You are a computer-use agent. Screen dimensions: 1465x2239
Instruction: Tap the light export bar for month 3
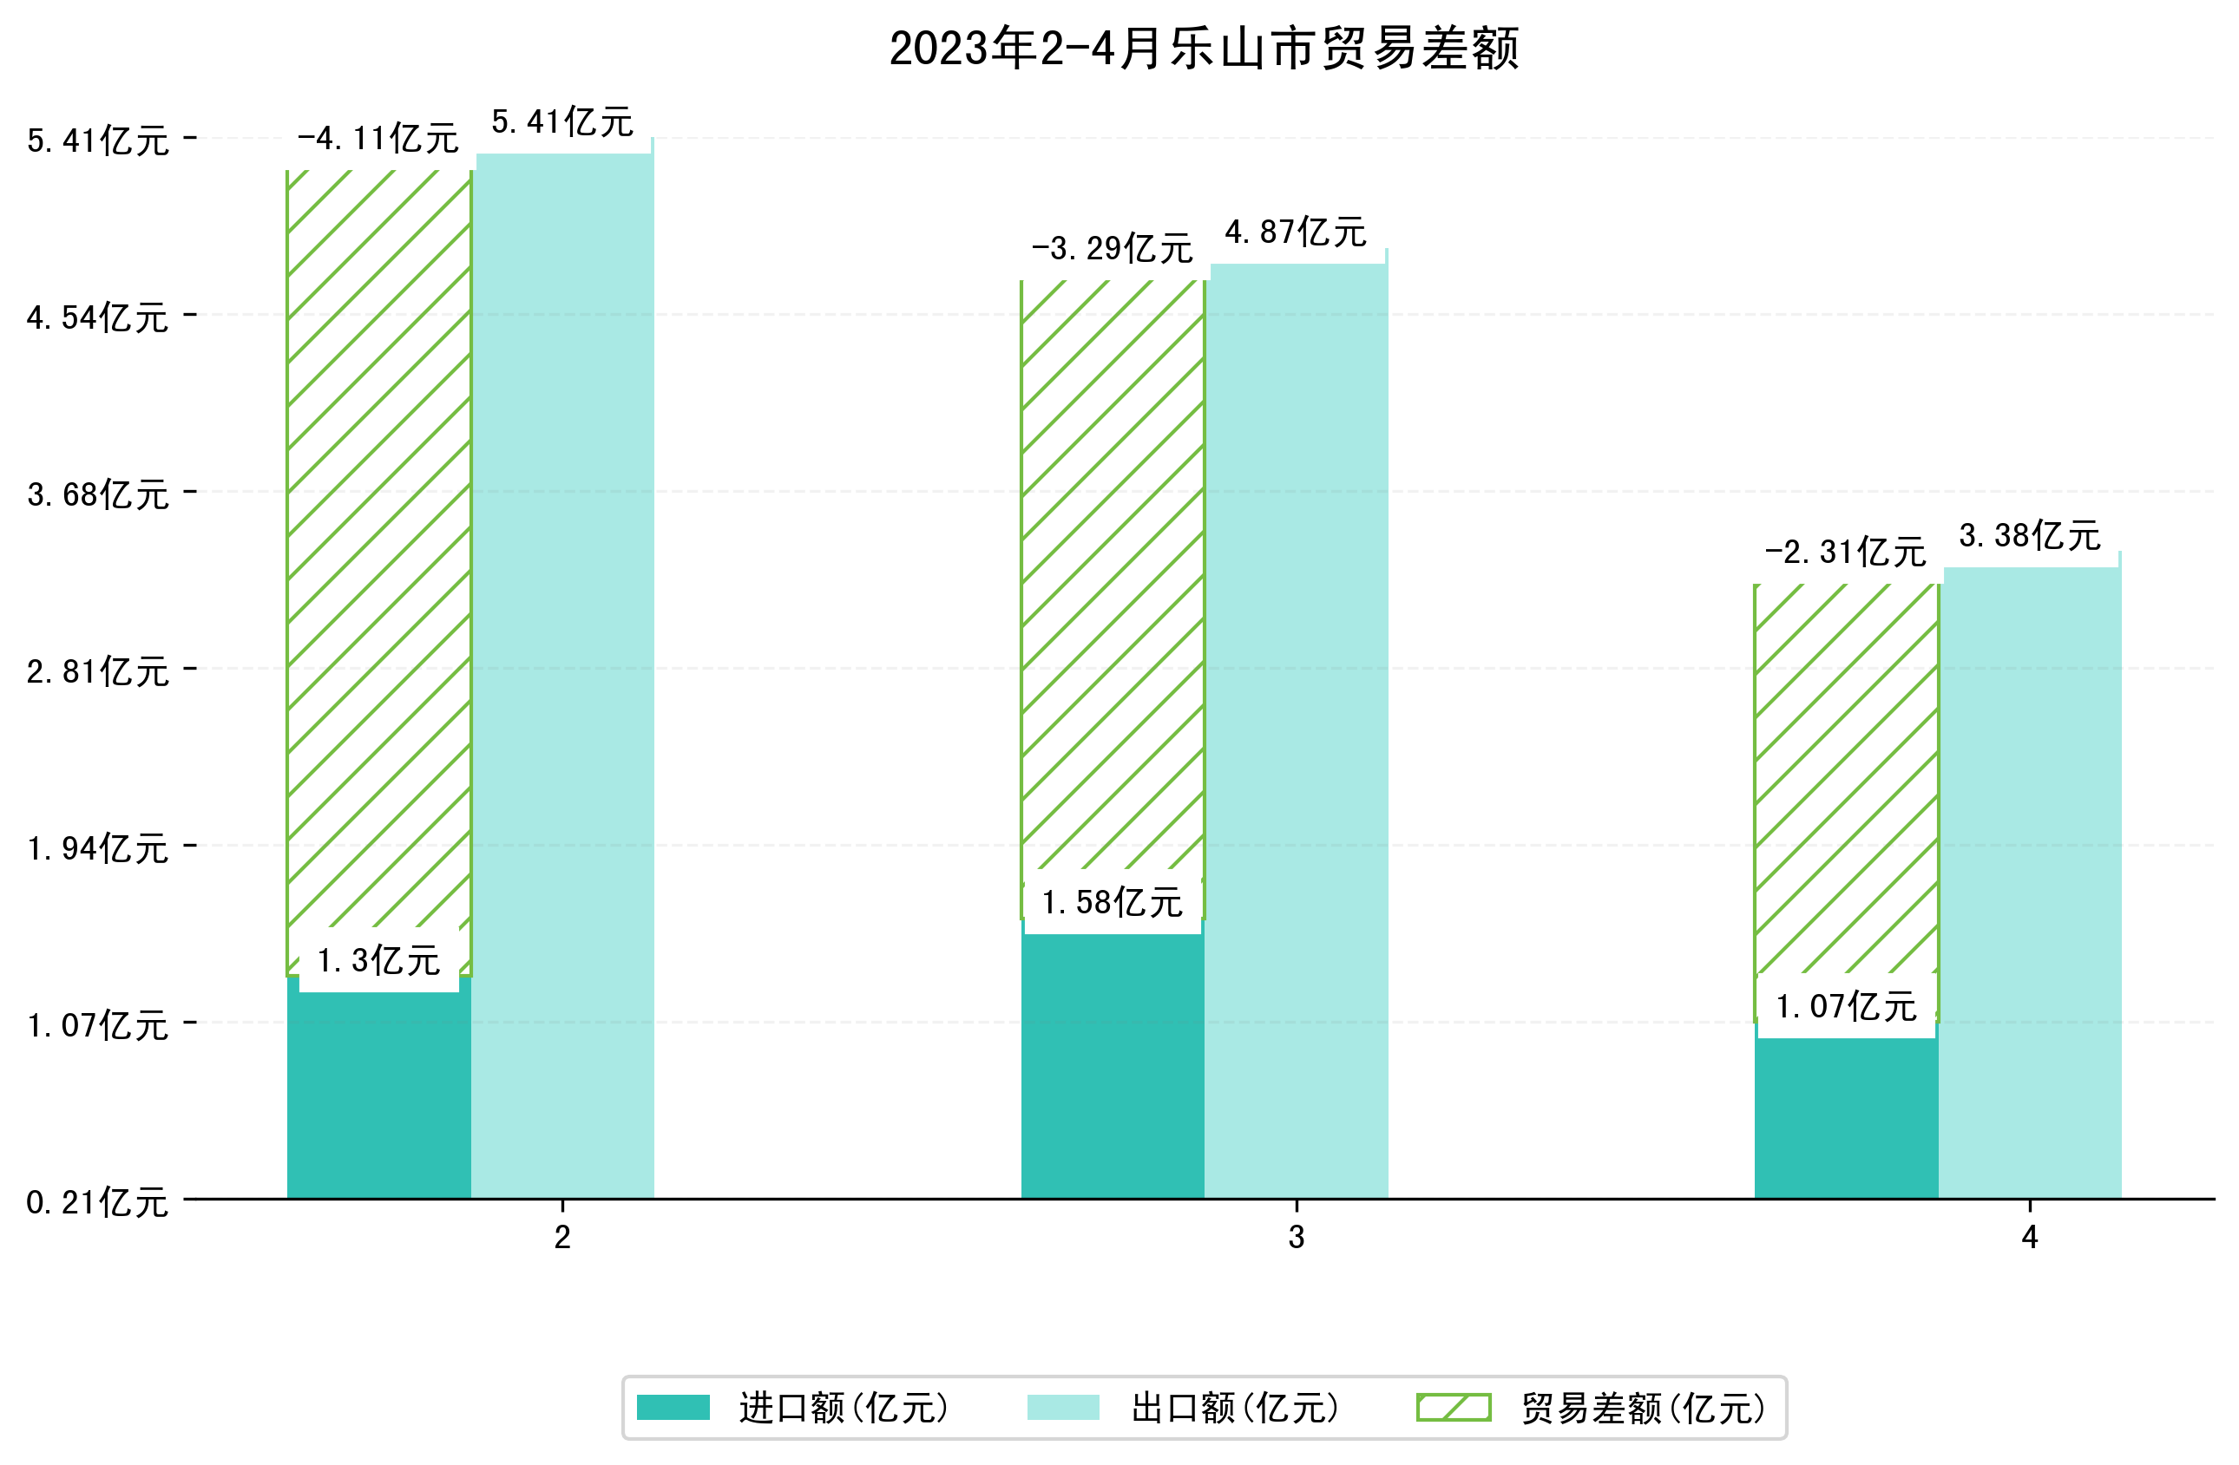tap(1297, 734)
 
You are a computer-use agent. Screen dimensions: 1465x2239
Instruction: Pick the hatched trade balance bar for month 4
tap(1846, 781)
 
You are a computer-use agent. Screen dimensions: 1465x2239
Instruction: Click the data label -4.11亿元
tap(378, 139)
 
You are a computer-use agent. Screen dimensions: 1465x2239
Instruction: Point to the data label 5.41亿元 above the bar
tap(562, 122)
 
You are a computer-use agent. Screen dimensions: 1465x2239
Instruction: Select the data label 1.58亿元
tap(1112, 904)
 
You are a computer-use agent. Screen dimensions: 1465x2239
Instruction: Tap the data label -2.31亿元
tap(1846, 553)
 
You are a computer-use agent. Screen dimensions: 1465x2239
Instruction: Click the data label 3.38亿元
tap(2030, 536)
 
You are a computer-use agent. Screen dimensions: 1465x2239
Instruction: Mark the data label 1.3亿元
tap(378, 961)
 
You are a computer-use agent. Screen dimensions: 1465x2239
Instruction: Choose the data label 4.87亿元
tap(1297, 232)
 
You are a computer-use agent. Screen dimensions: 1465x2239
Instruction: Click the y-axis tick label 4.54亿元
tap(98, 317)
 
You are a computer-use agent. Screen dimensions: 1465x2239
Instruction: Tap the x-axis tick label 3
tap(1297, 1238)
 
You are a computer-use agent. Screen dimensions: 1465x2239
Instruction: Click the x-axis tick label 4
tap(2030, 1238)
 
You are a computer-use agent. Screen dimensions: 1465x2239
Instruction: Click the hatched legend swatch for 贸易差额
tap(1454, 1408)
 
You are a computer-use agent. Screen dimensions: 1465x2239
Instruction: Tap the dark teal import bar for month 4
tap(1846, 1119)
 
